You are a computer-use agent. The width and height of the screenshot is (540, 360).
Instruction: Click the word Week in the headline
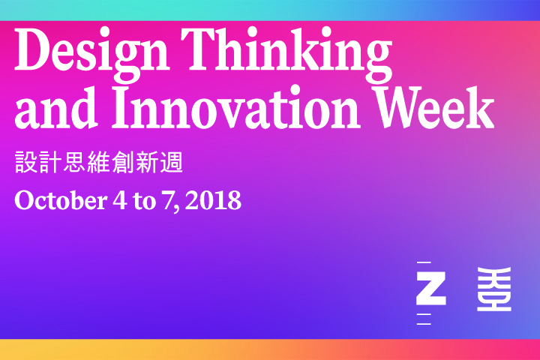(x=435, y=107)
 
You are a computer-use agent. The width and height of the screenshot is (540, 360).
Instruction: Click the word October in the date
(x=61, y=200)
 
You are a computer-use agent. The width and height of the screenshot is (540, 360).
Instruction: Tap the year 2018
(x=213, y=200)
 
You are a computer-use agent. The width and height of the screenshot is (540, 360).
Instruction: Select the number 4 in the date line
(x=120, y=200)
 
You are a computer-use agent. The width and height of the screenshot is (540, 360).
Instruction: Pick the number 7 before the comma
(x=168, y=200)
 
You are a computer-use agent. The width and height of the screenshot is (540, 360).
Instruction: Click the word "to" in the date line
(x=144, y=201)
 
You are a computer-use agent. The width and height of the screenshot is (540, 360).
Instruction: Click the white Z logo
(x=430, y=288)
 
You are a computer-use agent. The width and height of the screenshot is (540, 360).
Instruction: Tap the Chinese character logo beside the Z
(x=493, y=289)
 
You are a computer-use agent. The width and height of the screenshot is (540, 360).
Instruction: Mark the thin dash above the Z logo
(x=424, y=262)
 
